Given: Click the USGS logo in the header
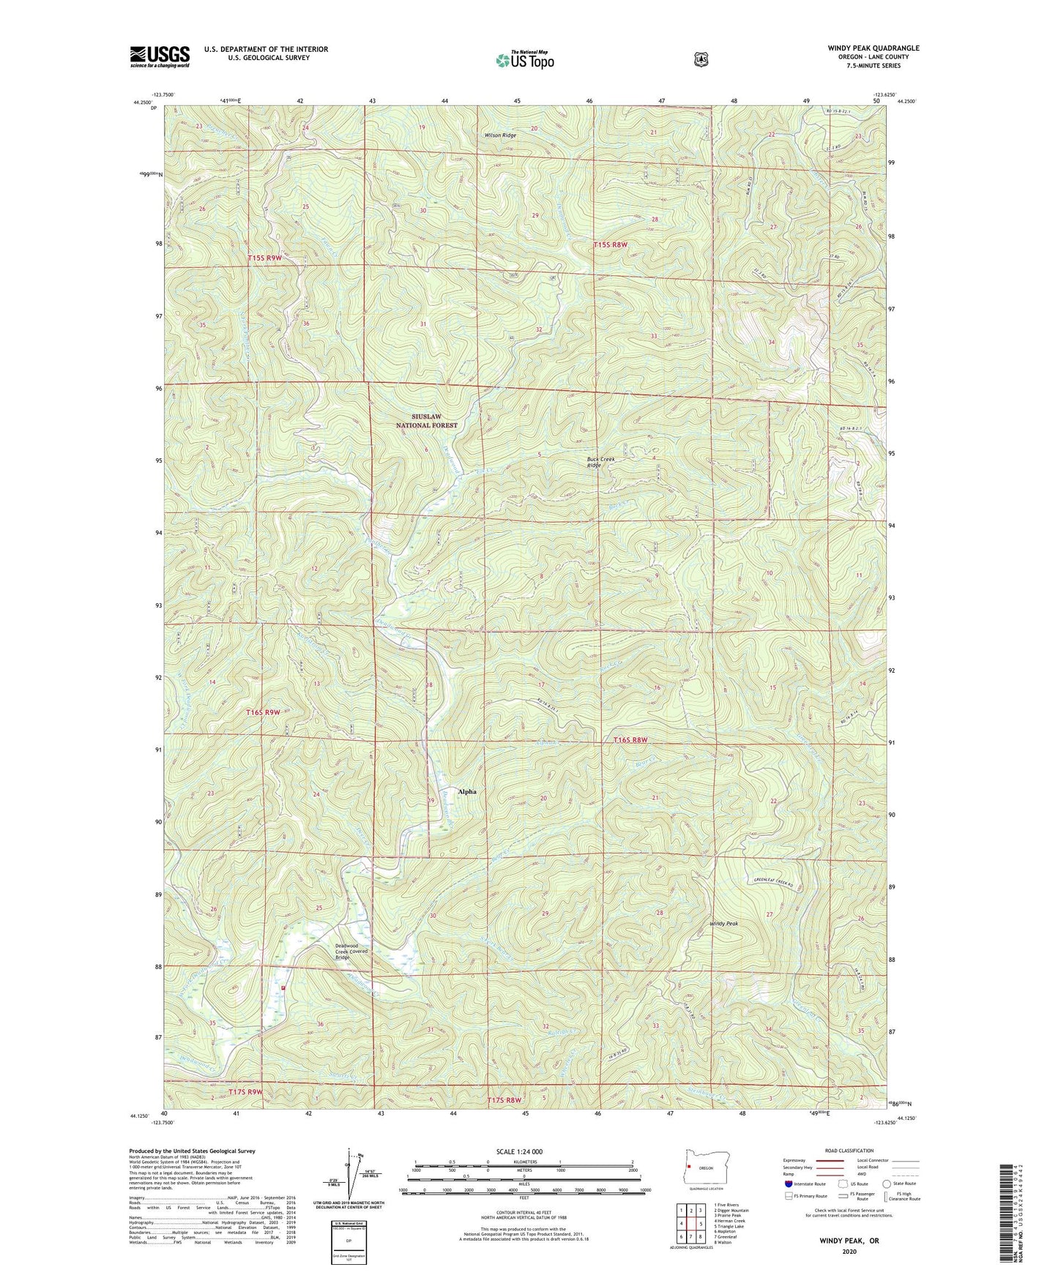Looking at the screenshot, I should tap(160, 56).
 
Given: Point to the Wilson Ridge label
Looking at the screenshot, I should tap(500, 135).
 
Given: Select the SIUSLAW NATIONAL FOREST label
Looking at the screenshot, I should tap(427, 421).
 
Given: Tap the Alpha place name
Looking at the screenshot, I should tap(467, 791).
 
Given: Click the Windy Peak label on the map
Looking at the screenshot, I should tap(724, 924).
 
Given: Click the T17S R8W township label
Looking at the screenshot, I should tap(507, 1100).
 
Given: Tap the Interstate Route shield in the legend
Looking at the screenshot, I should tap(788, 1184).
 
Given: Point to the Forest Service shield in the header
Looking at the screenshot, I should tap(701, 59).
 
